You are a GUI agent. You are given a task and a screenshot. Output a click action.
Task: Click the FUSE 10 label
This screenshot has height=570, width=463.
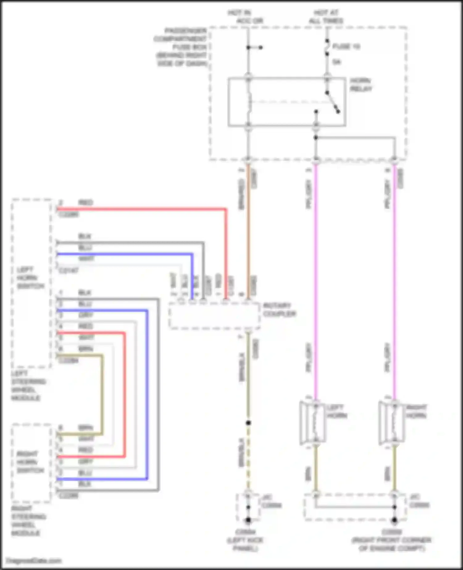click(x=346, y=47)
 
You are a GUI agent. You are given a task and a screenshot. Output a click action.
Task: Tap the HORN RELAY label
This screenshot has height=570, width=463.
click(x=361, y=85)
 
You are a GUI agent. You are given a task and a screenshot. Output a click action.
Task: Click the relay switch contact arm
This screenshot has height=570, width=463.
click(x=333, y=102)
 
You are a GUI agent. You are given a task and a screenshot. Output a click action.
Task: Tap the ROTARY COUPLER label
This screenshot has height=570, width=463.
click(x=279, y=310)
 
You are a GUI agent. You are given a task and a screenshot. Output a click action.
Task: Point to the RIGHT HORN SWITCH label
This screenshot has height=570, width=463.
click(x=30, y=462)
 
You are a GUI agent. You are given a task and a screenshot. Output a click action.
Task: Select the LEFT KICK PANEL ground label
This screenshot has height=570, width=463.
click(x=245, y=540)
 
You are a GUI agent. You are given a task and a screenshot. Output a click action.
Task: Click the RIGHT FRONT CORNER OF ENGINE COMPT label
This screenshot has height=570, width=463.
click(x=391, y=540)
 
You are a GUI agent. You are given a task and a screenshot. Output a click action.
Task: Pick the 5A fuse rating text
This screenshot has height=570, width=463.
click(x=336, y=62)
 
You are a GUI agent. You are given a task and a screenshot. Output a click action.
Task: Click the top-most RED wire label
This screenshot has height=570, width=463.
click(x=86, y=203)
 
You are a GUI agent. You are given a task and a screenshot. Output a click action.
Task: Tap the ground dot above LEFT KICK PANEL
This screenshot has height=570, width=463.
click(x=248, y=520)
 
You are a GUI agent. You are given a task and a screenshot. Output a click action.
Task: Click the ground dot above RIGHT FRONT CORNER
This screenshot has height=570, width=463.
click(x=394, y=520)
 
